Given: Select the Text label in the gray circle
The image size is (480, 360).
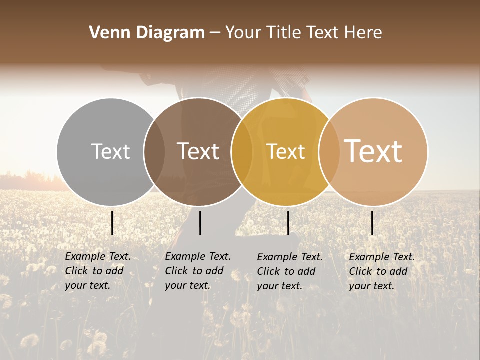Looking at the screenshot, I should point(110,151).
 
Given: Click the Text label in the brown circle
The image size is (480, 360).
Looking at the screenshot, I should point(198,151).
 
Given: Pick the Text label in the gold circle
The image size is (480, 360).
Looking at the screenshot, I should point(285,151).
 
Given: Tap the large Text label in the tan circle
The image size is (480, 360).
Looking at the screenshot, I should point(373,151).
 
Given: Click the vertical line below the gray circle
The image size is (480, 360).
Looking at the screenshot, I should point(112,223).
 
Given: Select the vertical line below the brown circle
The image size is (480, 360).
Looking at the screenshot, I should point(200,223).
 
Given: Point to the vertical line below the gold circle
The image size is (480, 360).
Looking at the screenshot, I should point(288,223).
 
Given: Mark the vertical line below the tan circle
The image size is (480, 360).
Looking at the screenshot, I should point(372,223).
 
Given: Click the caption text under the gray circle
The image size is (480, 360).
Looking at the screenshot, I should point(97,271).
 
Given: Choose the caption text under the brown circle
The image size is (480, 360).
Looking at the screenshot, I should point(197,271).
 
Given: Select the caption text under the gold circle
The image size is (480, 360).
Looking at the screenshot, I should point(289,271).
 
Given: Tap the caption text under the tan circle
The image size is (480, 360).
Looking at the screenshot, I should point(381,271).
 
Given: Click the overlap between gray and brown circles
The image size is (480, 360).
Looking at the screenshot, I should point(154,151).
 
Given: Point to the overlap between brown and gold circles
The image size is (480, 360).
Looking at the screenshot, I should point(241,151).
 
